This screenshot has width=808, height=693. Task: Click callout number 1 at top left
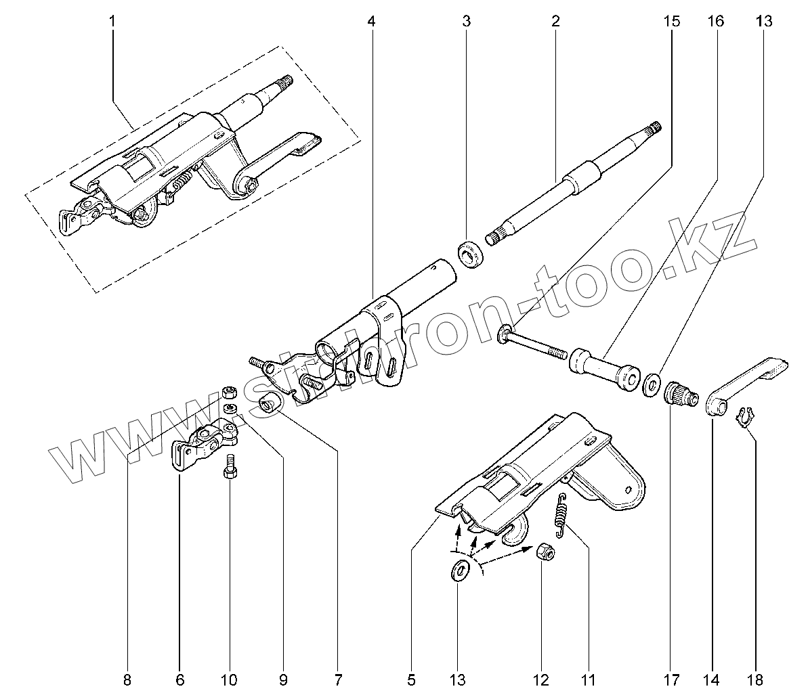pyautogui.click(x=112, y=22)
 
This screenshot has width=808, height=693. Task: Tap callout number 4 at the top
pyautogui.click(x=371, y=22)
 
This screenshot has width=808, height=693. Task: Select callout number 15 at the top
pyautogui.click(x=671, y=22)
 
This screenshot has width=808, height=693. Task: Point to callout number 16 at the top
pyautogui.click(x=716, y=22)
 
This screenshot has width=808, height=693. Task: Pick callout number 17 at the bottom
pyautogui.click(x=671, y=678)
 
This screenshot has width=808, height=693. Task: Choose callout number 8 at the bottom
pyautogui.click(x=127, y=678)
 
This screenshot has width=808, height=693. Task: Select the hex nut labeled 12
pyautogui.click(x=546, y=552)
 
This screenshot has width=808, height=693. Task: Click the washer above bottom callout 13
pyautogui.click(x=459, y=571)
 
